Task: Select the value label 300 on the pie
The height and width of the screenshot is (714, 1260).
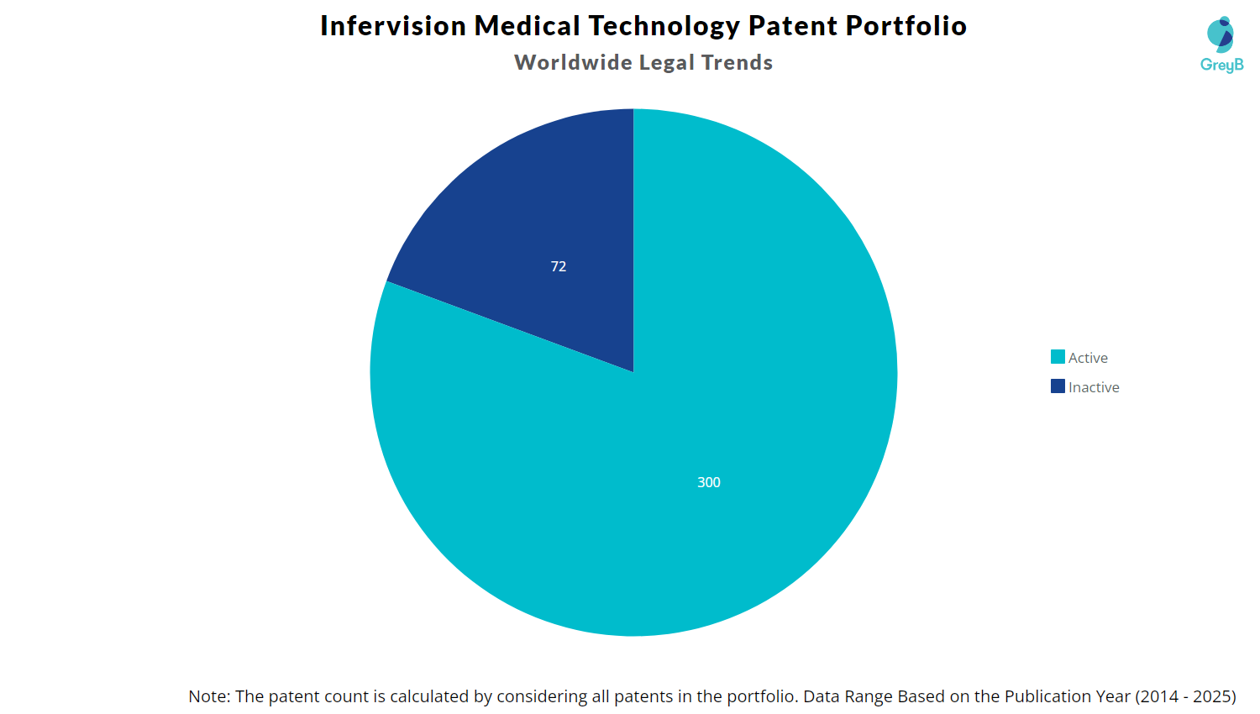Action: tap(709, 482)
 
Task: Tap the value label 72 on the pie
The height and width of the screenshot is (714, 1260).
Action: tap(559, 266)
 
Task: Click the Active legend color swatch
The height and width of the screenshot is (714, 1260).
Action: tap(1058, 357)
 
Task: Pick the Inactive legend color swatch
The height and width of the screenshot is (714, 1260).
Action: tap(1058, 386)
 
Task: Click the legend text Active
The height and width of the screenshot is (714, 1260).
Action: tap(1088, 358)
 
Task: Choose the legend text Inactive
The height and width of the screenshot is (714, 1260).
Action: tap(1094, 387)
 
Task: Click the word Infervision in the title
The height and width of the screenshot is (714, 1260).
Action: tap(393, 26)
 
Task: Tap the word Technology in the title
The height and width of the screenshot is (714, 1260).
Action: tap(664, 26)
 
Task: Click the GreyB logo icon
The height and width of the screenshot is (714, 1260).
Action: tap(1221, 34)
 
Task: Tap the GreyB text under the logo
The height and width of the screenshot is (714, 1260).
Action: tap(1221, 66)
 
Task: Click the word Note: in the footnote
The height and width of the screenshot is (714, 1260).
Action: tap(209, 696)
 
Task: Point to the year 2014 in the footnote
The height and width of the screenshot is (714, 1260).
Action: tap(1160, 696)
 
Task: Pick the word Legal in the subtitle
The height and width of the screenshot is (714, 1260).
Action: tap(667, 63)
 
